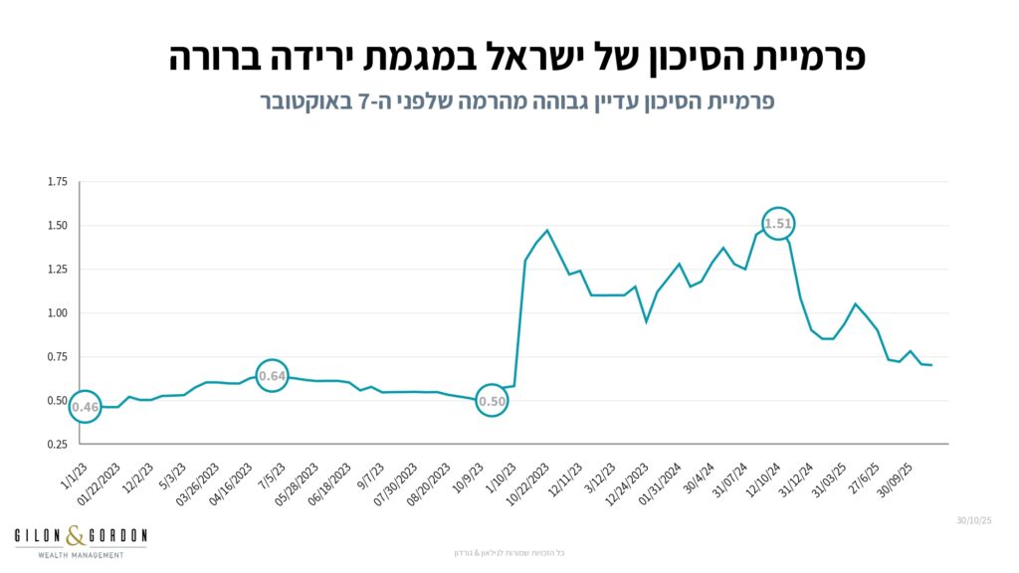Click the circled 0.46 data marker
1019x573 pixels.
click(x=86, y=406)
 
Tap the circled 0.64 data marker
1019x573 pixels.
click(x=272, y=375)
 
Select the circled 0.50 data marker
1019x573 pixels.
click(x=493, y=401)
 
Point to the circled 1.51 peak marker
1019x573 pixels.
click(x=778, y=224)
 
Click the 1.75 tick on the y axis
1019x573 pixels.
click(x=57, y=182)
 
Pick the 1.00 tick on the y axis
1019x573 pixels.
click(x=57, y=313)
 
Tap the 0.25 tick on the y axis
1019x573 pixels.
click(x=57, y=445)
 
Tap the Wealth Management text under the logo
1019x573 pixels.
click(x=81, y=554)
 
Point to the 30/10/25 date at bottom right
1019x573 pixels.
click(x=974, y=520)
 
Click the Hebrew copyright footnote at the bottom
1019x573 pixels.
click(x=509, y=552)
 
